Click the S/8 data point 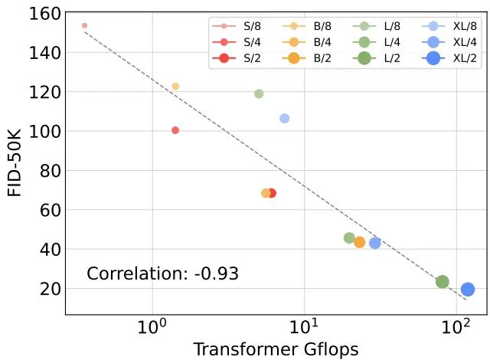[x=84, y=25]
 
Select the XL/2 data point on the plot [x=468, y=289]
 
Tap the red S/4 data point [x=175, y=130]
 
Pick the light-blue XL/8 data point [x=284, y=119]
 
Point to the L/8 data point [x=259, y=93]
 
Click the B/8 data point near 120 [x=175, y=87]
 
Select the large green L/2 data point [x=443, y=282]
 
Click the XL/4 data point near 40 [x=374, y=243]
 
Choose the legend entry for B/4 [x=306, y=42]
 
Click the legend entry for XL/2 [x=449, y=58]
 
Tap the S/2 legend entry [x=237, y=58]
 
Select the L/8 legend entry [x=376, y=26]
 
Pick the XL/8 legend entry [x=449, y=26]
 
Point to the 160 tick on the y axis [x=44, y=14]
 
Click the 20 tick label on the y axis [x=50, y=289]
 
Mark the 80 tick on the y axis [x=50, y=171]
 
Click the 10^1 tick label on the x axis [x=303, y=327]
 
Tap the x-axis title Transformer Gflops [x=276, y=349]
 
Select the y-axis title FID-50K [x=15, y=163]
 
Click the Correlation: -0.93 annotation [x=162, y=273]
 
